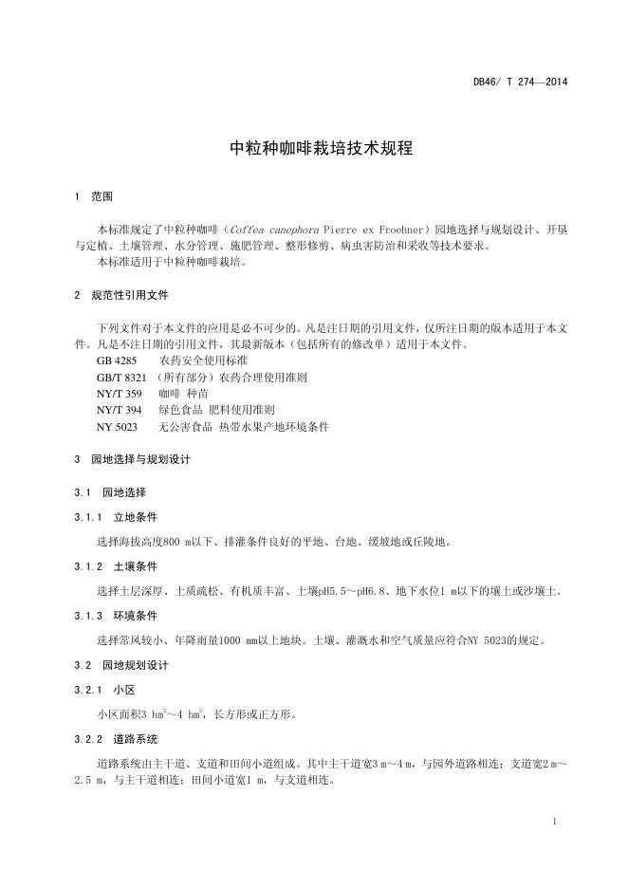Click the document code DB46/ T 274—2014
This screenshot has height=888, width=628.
pos(521,82)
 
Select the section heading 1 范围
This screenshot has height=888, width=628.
pos(94,196)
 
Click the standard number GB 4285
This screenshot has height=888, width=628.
pos(117,361)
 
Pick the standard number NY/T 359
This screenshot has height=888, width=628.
pos(119,394)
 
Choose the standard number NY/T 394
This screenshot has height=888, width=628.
pos(119,410)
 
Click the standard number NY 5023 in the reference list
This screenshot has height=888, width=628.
pos(117,427)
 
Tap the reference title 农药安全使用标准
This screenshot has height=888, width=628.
pos(204,361)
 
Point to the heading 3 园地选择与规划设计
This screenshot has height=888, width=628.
pos(133,459)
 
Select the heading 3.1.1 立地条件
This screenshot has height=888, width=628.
pos(116,518)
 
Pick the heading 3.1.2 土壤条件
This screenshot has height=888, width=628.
pos(116,566)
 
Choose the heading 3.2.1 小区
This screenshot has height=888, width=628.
pos(103,690)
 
